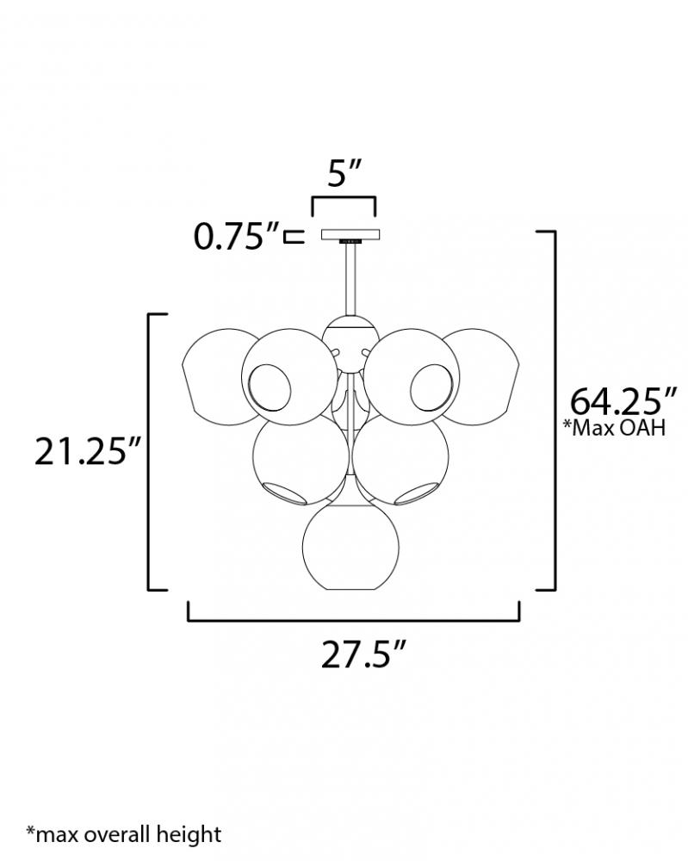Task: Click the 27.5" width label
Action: (363, 654)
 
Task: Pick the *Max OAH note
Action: (615, 427)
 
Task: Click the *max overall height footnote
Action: (123, 834)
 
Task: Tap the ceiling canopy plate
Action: (350, 234)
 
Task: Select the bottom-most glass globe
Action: (350, 548)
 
